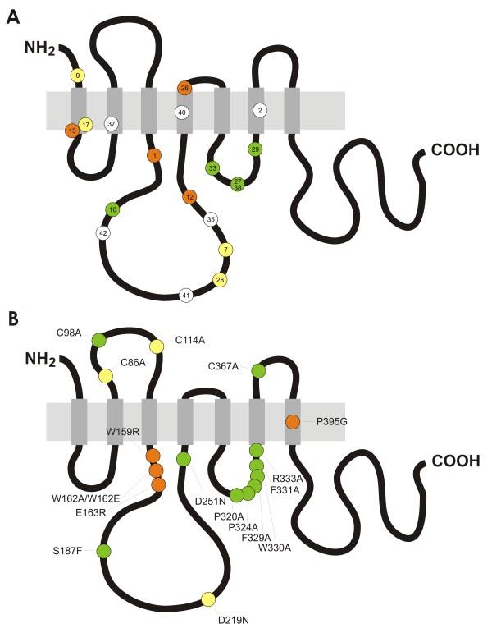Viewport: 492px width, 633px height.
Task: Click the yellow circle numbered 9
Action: point(78,76)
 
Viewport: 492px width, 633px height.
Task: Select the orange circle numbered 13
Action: point(72,130)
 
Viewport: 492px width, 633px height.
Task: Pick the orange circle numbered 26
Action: point(184,88)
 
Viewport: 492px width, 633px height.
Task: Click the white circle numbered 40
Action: point(183,112)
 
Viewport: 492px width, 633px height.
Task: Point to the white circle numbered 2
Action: point(260,110)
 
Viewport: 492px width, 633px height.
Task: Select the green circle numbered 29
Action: point(256,149)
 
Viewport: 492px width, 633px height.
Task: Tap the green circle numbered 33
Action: point(212,168)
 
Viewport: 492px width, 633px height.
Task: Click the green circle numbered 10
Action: point(112,210)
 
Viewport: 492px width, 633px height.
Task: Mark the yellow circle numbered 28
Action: point(220,280)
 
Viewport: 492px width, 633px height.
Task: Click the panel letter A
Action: point(12,17)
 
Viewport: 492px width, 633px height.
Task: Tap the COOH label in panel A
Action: point(450,151)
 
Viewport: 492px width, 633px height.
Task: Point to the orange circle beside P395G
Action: point(293,422)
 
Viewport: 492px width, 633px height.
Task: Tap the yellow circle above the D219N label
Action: point(207,599)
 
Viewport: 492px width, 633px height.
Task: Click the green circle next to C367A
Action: point(258,372)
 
